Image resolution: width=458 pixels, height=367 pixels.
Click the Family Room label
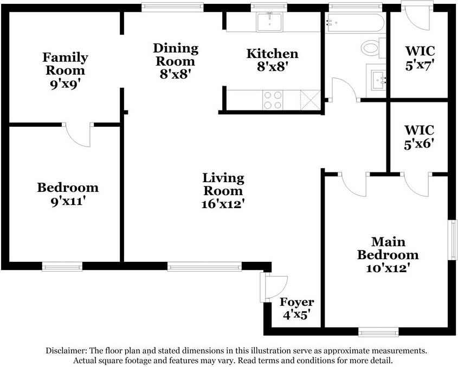[x=65, y=64]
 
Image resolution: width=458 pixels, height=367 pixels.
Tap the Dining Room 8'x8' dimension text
[x=175, y=74]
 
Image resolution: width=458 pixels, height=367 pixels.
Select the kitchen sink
[x=269, y=22]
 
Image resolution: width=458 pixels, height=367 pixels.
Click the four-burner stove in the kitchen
[x=273, y=100]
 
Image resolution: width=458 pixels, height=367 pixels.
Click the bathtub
[x=355, y=23]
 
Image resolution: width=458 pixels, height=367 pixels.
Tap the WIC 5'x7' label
[x=420, y=58]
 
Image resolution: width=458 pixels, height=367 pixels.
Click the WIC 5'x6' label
[x=419, y=137]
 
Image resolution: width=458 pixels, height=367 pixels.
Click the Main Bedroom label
[x=388, y=248]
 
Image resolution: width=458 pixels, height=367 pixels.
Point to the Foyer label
[x=297, y=302]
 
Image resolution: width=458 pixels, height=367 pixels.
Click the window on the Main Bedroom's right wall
[x=453, y=240]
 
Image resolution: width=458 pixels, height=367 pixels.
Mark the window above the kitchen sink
[x=269, y=7]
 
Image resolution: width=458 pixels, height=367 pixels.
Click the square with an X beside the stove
[x=311, y=100]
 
